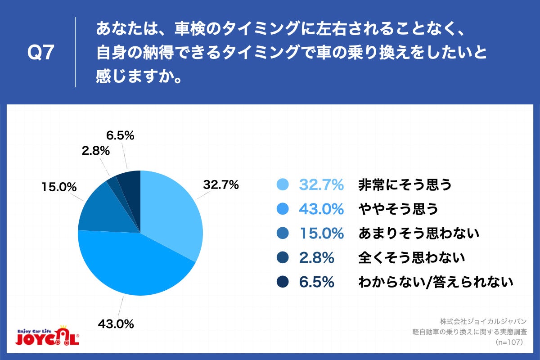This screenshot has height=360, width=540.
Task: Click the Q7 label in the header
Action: coord(41,53)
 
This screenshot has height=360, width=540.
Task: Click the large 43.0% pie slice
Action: coord(130,265)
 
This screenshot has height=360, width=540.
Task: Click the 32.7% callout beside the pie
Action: coord(220,184)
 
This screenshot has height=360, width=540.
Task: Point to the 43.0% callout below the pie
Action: coord(116,323)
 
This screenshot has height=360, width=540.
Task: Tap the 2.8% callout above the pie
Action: coord(96,151)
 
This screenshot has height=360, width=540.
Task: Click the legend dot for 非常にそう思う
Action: coord(282,185)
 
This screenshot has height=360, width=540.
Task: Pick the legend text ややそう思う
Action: coord(398,209)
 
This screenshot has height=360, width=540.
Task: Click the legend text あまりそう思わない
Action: coord(418,234)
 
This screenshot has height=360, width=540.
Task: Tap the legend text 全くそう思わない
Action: coord(411,258)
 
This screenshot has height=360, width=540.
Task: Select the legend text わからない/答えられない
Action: coord(436,282)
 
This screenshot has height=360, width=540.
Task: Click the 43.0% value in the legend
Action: coord(321,209)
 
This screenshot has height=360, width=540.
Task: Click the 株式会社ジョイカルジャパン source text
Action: coord(483,322)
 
